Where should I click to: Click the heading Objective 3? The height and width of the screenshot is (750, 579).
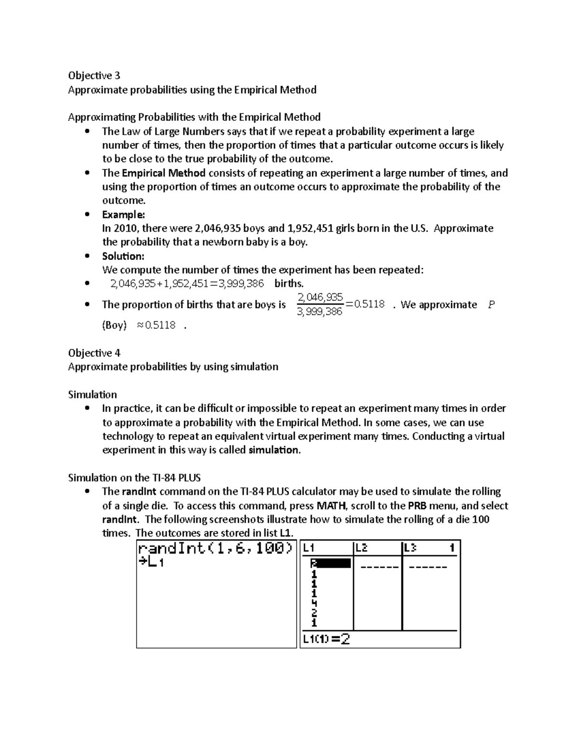pos(94,75)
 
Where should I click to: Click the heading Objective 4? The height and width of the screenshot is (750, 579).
pos(94,353)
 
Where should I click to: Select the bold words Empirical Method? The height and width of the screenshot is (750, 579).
pos(164,173)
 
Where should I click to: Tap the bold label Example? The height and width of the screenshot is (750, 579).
pos(123,214)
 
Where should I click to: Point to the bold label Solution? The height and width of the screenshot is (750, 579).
pos(123,256)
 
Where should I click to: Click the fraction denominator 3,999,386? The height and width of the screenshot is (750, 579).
pos(320,312)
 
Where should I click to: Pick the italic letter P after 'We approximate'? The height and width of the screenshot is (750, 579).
pos(491,305)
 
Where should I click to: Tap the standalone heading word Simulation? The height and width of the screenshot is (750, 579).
pos(92,395)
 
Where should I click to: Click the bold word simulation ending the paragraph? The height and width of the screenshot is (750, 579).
pos(273,450)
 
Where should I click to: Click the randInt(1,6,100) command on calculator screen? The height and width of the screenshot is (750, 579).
pos(215,549)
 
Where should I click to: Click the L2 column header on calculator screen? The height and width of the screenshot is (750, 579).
pos(361,548)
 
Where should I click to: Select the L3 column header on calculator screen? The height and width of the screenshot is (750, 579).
pos(410,548)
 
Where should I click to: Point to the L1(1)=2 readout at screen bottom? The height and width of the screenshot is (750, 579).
pos(326,639)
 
